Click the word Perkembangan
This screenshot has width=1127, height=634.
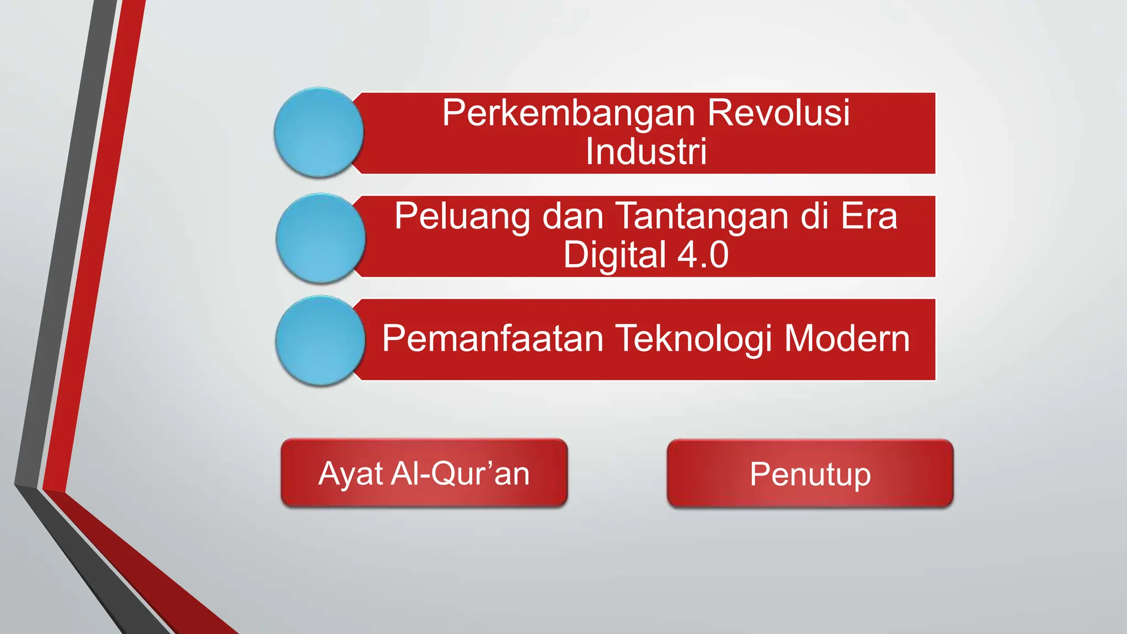coord(570,113)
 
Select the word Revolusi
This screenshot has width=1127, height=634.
coord(778,112)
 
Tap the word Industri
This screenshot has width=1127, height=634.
coord(646,151)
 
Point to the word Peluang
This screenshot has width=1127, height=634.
coord(463,217)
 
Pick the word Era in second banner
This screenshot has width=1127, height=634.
coord(869,216)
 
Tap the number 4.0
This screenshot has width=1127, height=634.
coord(703,255)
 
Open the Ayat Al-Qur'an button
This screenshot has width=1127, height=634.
coord(424,473)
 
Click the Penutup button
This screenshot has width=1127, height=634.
coord(810,474)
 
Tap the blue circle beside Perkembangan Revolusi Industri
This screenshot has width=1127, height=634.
coord(319,133)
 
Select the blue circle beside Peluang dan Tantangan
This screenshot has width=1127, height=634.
coord(320,238)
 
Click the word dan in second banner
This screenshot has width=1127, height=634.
coord(573,216)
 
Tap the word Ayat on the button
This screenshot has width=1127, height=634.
coord(351,474)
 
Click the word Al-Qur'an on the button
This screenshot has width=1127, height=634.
coord(460,473)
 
